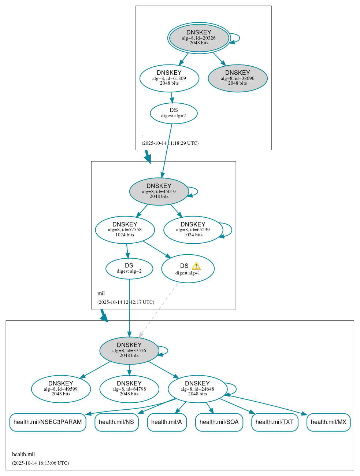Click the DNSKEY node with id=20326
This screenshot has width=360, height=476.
tap(199, 38)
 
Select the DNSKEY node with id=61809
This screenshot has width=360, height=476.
tap(169, 78)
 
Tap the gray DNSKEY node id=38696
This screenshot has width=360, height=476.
tap(237, 78)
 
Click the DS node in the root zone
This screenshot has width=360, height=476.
tap(174, 113)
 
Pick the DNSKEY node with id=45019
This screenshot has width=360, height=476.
tap(159, 191)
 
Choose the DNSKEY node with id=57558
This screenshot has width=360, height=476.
tap(125, 230)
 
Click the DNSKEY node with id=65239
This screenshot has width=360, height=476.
tap(193, 230)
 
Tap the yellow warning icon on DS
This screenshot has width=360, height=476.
tap(196, 266)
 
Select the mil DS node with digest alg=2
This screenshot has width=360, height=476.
tap(129, 268)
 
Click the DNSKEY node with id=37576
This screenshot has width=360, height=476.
tap(129, 350)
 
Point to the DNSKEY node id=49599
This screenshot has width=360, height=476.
tap(61, 389)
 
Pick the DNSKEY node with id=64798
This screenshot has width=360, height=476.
tap(129, 389)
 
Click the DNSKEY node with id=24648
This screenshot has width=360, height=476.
tap(197, 389)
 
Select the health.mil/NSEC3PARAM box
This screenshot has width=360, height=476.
tap(48, 422)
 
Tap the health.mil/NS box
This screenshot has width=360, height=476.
tap(116, 422)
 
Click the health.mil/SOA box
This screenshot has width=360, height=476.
tap(219, 422)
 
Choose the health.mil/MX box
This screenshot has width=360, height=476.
tap(329, 422)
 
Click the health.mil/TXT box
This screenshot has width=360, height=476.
tap(275, 422)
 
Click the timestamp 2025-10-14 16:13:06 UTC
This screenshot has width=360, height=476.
tap(41, 463)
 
